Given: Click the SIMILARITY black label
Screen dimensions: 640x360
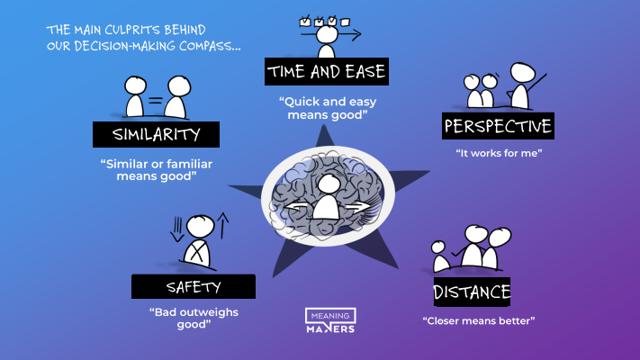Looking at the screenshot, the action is [156, 134].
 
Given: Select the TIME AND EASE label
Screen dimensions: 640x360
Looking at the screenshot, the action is [327, 71].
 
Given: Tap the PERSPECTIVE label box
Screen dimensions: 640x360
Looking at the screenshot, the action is [498, 126].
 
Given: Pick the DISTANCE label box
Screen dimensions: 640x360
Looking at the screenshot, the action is [472, 292].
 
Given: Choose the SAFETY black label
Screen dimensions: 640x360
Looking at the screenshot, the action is [194, 286].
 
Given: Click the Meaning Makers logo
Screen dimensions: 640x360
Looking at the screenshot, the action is [330, 320].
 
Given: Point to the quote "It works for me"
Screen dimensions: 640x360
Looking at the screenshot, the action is [499, 153].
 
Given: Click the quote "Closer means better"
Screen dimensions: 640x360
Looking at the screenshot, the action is [479, 320].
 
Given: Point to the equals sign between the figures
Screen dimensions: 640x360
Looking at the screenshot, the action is [155, 101].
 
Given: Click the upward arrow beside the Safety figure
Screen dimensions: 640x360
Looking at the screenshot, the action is [222, 225].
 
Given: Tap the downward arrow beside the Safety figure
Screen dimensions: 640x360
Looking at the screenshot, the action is [177, 229].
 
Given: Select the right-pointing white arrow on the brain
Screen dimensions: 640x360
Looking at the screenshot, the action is [358, 207].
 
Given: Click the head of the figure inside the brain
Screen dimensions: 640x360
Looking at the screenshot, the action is [329, 184].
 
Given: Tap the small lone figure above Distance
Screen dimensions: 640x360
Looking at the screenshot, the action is [439, 257].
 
